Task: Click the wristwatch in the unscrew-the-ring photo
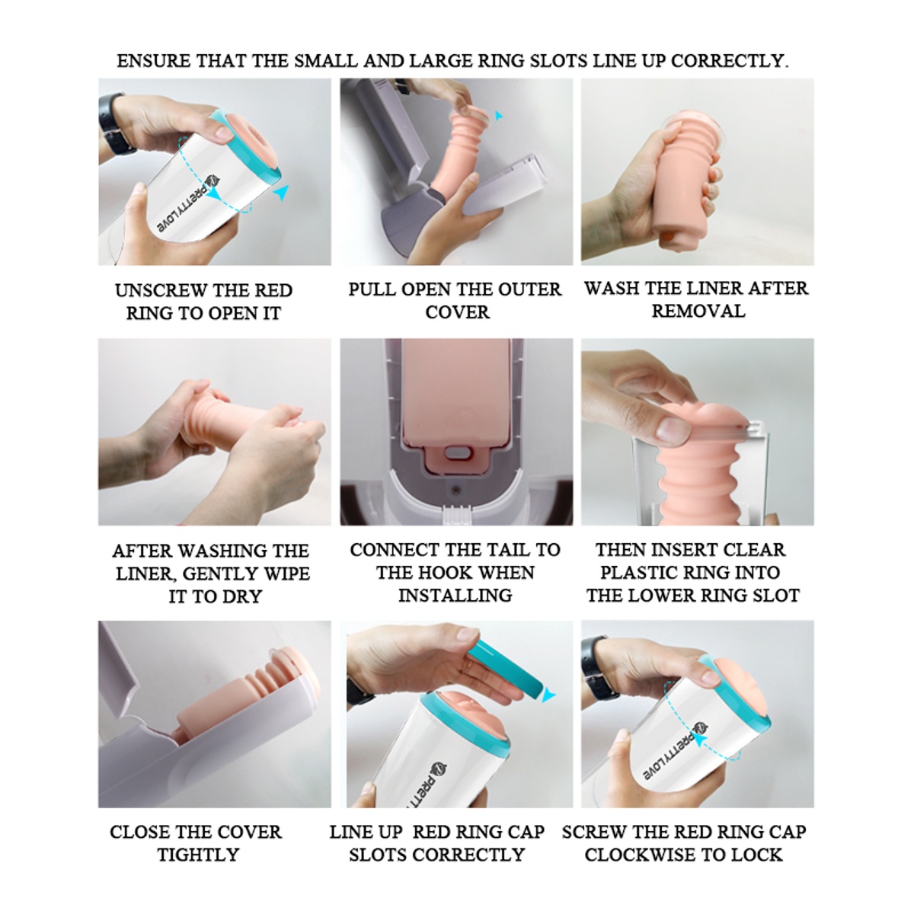(x=113, y=124)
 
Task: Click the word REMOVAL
(x=698, y=312)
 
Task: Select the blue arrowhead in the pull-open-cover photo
(x=498, y=115)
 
